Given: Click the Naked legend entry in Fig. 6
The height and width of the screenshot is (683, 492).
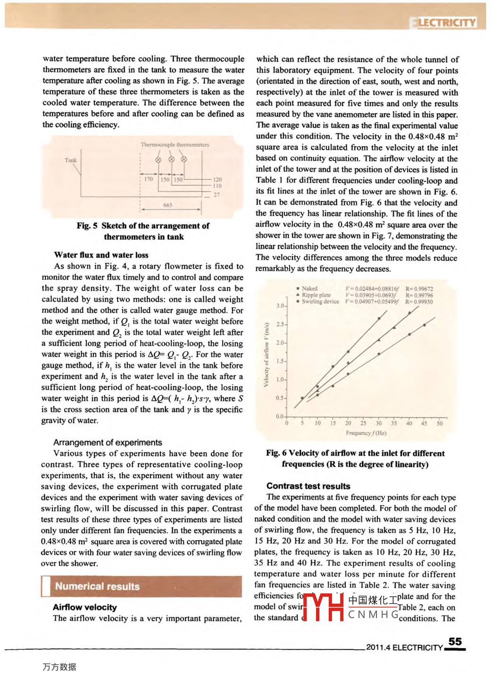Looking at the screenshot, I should (x=309, y=288).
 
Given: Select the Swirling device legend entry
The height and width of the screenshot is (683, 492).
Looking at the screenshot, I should (x=320, y=301).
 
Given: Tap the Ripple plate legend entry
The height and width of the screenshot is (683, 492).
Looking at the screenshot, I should (x=316, y=295).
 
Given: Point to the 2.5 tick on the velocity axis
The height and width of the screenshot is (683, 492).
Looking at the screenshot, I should (x=280, y=325).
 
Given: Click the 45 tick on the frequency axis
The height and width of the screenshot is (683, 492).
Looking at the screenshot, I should (x=424, y=423).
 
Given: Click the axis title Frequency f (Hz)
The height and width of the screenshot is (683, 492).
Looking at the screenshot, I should (x=366, y=433).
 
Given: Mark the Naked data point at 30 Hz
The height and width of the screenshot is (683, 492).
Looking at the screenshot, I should (x=379, y=318).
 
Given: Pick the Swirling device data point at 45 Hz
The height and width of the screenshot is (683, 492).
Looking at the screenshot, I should (x=425, y=325).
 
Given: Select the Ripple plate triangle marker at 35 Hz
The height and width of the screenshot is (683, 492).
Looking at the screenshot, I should (x=394, y=327).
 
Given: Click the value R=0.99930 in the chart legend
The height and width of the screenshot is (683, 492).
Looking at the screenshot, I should (x=419, y=302).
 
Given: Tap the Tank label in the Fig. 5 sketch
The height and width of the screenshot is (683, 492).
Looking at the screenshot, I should (x=70, y=160).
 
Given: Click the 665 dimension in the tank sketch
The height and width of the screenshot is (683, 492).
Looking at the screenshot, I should (x=168, y=205).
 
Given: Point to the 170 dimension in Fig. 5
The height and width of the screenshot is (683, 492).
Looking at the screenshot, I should (x=149, y=179).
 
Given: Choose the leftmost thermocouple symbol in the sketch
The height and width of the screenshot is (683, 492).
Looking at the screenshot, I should (x=158, y=160).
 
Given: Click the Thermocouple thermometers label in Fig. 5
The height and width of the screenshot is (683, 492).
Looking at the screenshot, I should (x=175, y=145).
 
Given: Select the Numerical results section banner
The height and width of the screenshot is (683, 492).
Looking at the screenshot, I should (x=142, y=586).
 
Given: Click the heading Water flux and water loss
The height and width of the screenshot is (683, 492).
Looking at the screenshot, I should (x=101, y=255).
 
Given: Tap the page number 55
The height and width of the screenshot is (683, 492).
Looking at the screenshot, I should (x=455, y=641).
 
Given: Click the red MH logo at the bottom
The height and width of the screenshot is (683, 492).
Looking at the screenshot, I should (x=323, y=607).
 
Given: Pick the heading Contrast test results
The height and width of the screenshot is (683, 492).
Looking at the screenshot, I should (x=308, y=486).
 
